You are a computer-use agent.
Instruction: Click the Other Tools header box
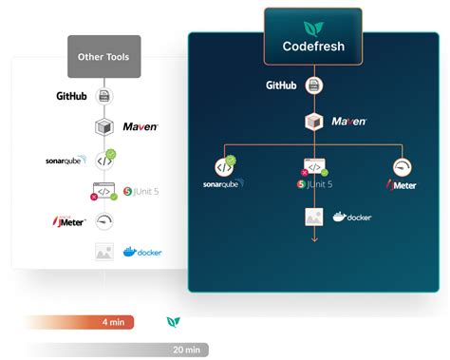point(103,56)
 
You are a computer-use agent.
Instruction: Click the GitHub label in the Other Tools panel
point(73,96)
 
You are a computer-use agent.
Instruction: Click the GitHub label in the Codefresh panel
point(281,85)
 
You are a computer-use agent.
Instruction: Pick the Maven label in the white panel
point(140,126)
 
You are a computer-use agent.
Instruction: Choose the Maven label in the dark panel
point(349,122)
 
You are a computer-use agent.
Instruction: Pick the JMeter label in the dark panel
point(403,184)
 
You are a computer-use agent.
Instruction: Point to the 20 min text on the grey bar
point(186,350)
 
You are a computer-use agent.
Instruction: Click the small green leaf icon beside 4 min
point(173,323)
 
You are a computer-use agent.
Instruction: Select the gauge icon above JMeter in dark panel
point(403,166)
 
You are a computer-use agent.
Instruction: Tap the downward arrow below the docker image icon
point(314,237)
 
